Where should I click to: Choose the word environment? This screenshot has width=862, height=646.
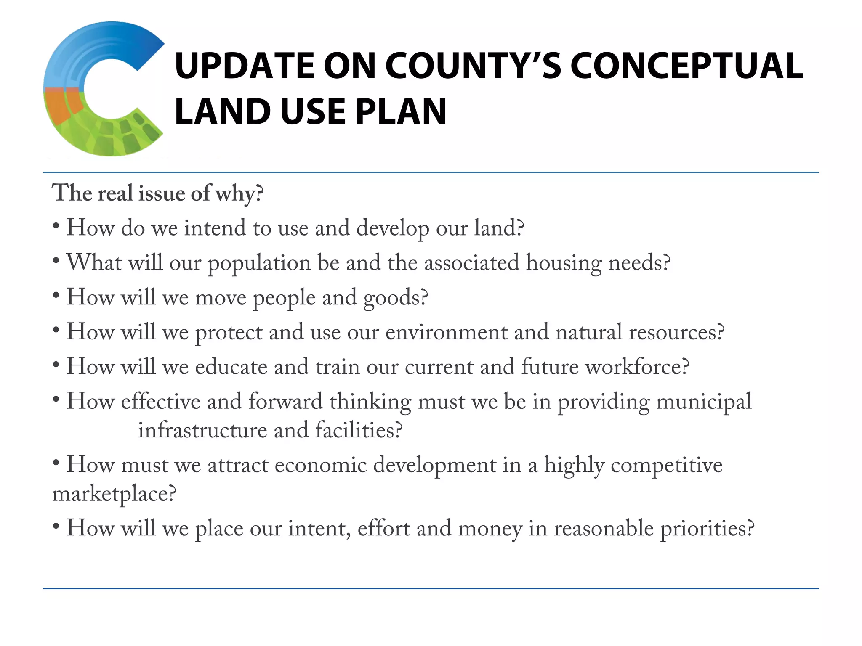(447, 333)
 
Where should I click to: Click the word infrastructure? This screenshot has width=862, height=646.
(202, 431)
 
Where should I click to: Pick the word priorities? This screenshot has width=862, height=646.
(707, 529)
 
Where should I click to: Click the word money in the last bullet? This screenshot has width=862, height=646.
(490, 529)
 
